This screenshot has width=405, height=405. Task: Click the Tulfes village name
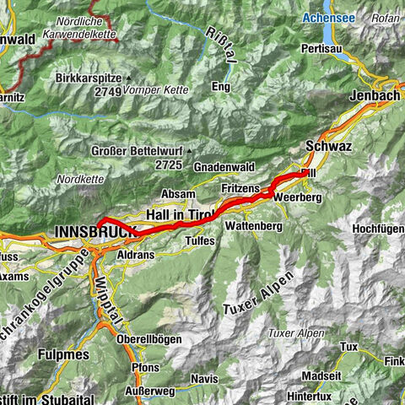[199, 240]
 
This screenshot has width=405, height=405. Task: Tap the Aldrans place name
[135, 254]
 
